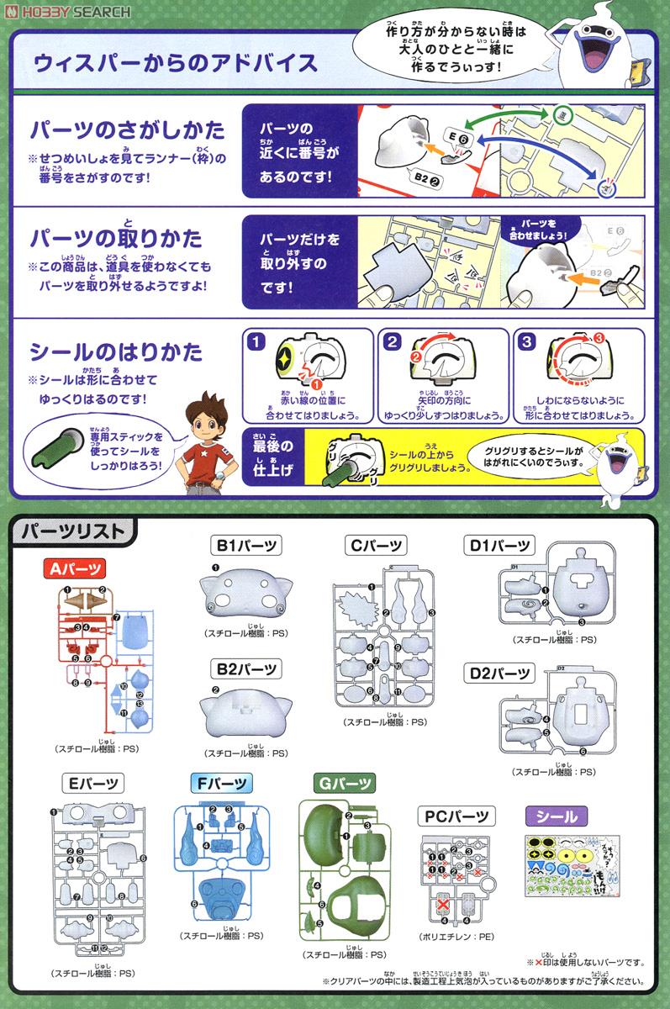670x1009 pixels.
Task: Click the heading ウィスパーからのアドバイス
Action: [x=174, y=63]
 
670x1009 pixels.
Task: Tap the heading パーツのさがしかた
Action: [x=127, y=130]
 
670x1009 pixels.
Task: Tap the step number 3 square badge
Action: [x=526, y=341]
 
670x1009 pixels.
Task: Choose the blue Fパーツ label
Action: [x=222, y=783]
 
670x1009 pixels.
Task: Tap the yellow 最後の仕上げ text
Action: [x=271, y=458]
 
